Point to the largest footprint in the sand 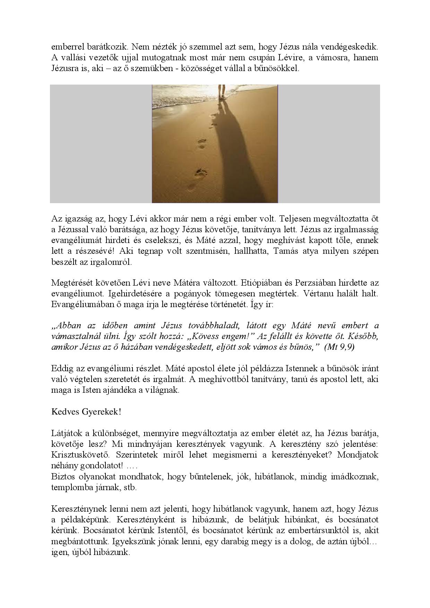(200, 173)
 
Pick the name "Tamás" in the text (286, 251)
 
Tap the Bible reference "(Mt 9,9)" (339, 347)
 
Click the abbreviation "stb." (130, 487)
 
